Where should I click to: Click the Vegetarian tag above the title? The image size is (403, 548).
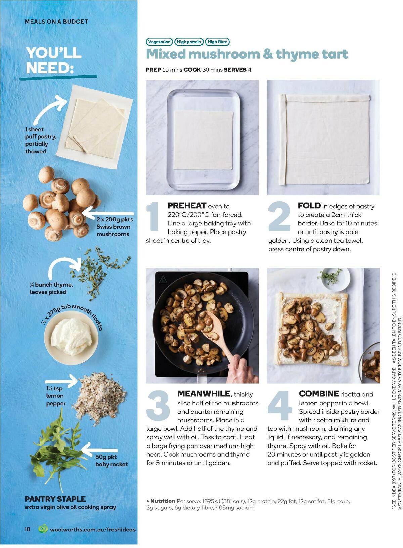160,42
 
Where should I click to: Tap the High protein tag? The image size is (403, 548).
189,42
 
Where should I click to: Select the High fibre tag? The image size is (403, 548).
217,42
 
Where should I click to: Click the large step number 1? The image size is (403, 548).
153,217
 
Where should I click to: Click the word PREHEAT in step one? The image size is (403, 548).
187,206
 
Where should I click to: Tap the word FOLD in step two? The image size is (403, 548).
309,206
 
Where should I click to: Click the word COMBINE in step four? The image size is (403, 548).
319,394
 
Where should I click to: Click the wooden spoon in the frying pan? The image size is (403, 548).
215,331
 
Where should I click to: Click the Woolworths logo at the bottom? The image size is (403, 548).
43,529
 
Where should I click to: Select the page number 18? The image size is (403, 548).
27,529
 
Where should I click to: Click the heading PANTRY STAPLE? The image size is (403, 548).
55,499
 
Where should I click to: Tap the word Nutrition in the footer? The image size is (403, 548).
163,501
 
